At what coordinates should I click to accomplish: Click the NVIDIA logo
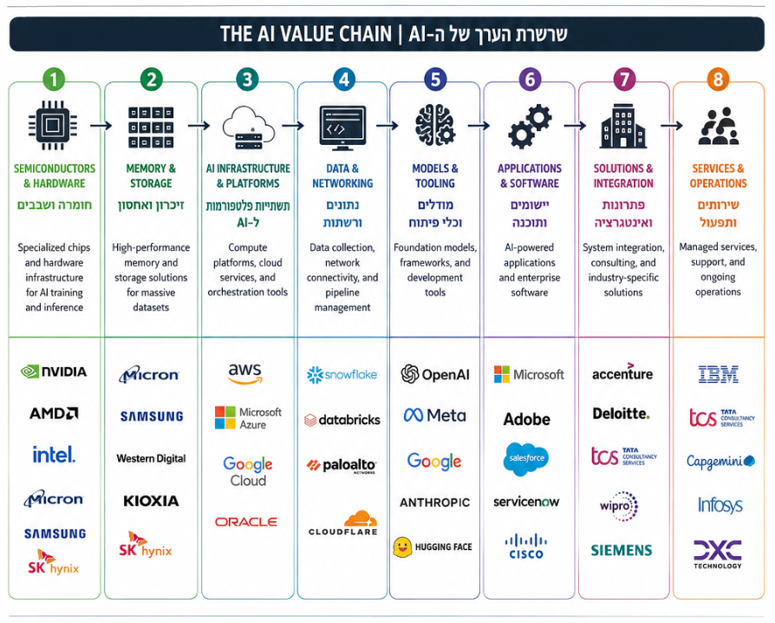(54, 371)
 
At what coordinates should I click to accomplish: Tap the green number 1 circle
(54, 79)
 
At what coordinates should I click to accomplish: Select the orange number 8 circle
(718, 79)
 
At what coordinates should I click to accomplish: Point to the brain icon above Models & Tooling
(435, 125)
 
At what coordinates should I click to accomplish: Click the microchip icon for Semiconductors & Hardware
(52, 125)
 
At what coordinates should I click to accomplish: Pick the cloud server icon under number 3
(248, 128)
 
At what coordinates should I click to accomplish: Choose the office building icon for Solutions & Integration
(623, 126)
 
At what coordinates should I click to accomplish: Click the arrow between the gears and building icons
(575, 126)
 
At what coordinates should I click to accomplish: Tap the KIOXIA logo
(151, 501)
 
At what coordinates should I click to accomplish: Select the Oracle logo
(246, 521)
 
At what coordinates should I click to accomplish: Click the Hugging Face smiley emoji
(402, 548)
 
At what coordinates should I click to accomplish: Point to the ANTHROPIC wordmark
(435, 502)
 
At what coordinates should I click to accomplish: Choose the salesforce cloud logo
(526, 459)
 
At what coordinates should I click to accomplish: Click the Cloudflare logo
(342, 523)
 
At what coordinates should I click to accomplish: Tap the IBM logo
(718, 375)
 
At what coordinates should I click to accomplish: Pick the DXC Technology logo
(718, 554)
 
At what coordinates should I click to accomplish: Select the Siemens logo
(622, 550)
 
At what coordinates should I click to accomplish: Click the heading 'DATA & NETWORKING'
(342, 175)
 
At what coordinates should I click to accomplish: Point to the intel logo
(54, 455)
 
